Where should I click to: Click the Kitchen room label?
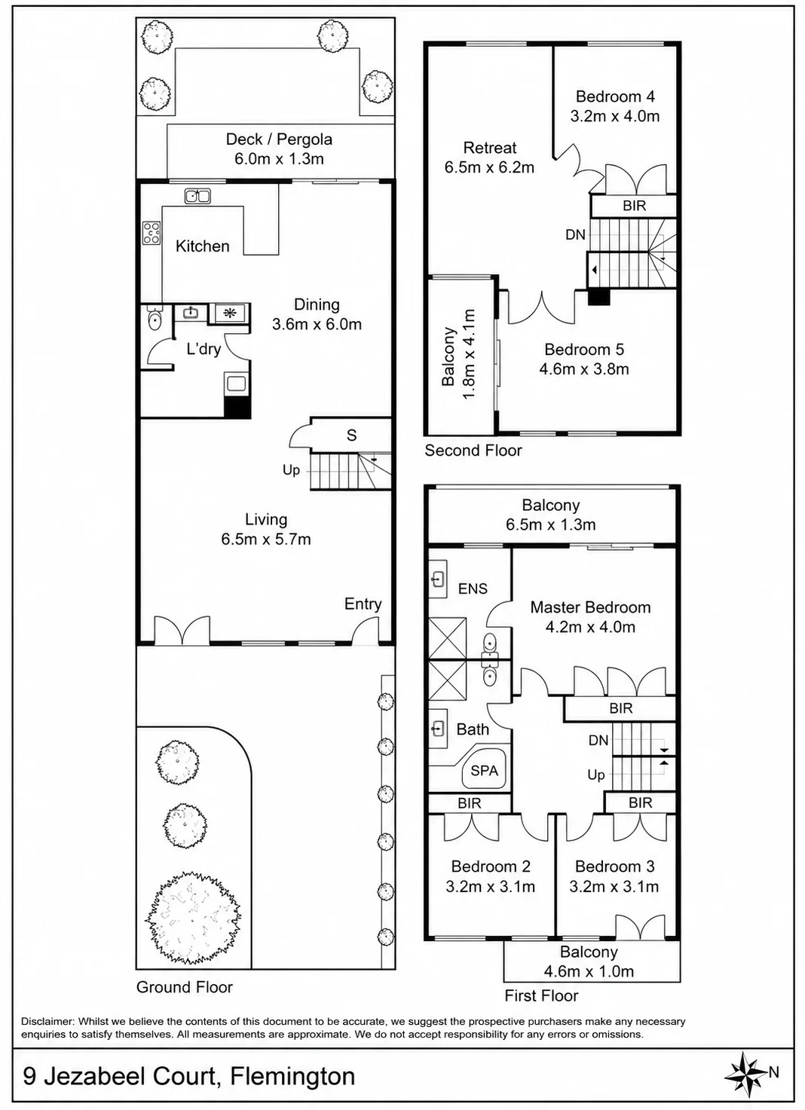(x=202, y=246)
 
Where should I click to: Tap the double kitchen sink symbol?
(x=197, y=196)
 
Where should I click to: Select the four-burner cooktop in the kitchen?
(x=152, y=233)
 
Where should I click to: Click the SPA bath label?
(x=485, y=771)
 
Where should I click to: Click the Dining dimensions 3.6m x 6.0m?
(x=317, y=325)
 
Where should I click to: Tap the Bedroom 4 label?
(x=615, y=96)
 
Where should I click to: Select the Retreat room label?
(x=490, y=148)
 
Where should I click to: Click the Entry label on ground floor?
(x=363, y=604)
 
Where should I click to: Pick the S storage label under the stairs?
(x=351, y=435)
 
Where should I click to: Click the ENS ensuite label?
(x=473, y=589)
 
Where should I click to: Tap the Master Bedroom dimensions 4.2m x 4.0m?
(x=590, y=628)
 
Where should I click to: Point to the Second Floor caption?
(x=473, y=451)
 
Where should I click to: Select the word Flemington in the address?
(x=293, y=1076)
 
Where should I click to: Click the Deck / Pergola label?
(x=279, y=139)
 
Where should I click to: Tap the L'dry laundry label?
(x=204, y=349)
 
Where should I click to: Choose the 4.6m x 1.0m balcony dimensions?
(x=589, y=971)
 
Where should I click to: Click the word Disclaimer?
(x=47, y=1021)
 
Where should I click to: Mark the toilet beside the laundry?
(x=155, y=318)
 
